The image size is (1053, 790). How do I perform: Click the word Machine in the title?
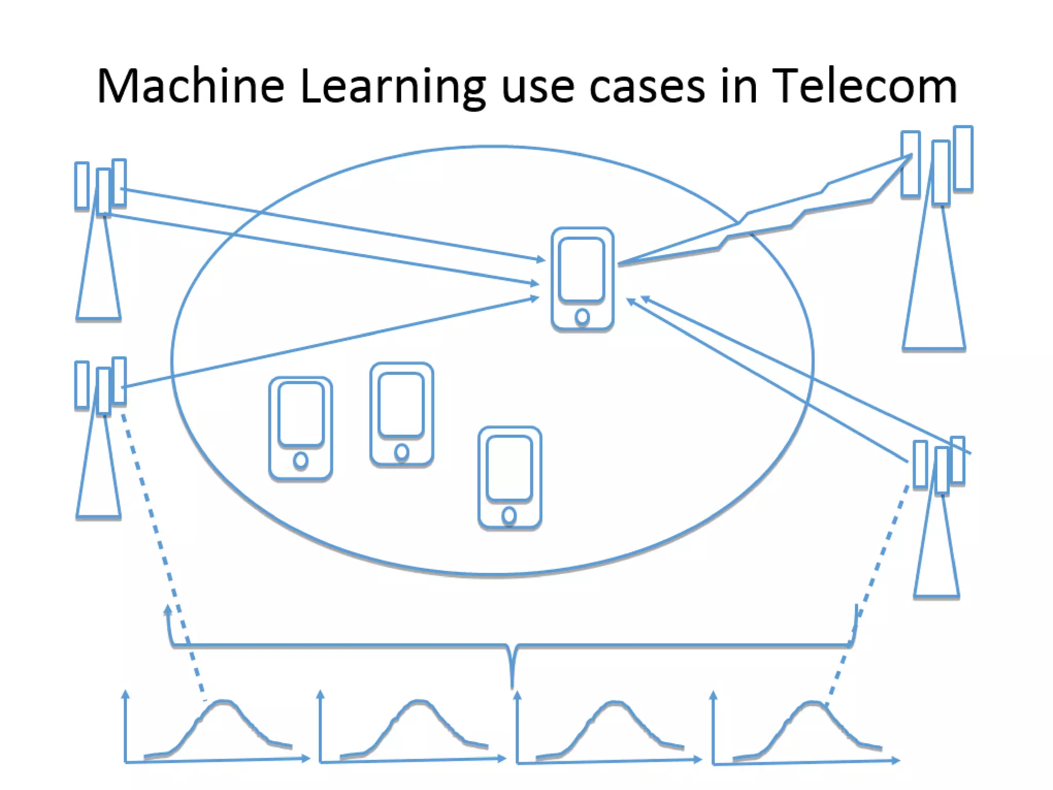tap(190, 86)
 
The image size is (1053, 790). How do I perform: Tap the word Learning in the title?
tap(392, 86)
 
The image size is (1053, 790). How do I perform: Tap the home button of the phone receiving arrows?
tap(582, 317)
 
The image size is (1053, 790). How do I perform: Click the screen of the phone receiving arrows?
tap(582, 269)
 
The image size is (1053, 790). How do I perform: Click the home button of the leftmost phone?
tap(301, 460)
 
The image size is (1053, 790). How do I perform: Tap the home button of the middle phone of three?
tap(402, 452)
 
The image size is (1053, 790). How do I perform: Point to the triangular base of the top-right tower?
tap(934, 309)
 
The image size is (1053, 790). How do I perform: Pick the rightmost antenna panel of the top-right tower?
tap(963, 158)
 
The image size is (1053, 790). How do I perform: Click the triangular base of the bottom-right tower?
tap(936, 566)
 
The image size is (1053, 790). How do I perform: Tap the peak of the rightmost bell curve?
tap(811, 703)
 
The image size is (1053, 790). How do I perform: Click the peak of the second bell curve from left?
tap(419, 702)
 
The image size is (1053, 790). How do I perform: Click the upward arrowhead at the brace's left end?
tap(168, 609)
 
